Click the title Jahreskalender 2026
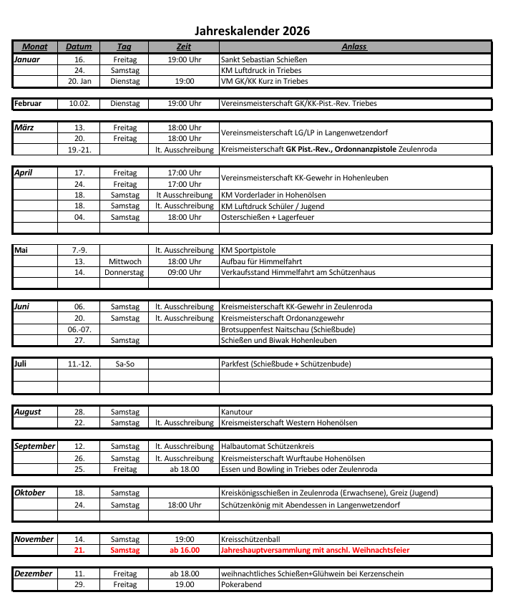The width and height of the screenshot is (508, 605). coord(253,31)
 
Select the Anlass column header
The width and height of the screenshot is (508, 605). coord(354,47)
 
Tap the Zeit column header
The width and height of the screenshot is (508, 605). coord(184,47)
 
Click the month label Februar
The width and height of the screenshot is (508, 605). coord(29,103)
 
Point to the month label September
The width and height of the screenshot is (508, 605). coord(34,446)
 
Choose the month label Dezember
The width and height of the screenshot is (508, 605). coord(33,573)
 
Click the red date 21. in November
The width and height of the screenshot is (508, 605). coord(79,551)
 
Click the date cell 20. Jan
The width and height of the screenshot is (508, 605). coord(79,82)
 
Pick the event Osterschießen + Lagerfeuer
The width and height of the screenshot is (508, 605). coord(268,217)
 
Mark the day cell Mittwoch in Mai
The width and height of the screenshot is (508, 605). coord(124,261)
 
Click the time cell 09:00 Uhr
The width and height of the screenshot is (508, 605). coord(184,272)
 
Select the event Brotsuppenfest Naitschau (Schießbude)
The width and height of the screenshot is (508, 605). coord(288,329)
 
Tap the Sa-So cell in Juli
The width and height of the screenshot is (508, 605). coord(124,364)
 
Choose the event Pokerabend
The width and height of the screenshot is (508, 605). coord(241,584)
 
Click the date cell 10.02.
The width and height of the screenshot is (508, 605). coord(79,103)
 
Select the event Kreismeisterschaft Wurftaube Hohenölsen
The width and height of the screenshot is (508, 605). coord(293,458)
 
